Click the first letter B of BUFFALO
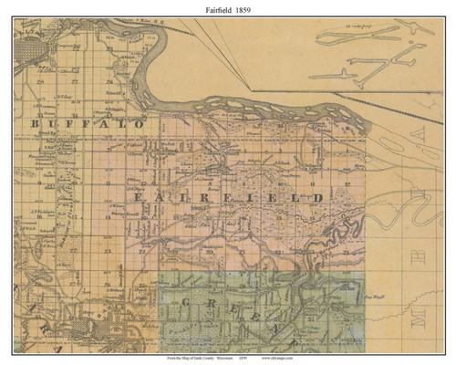(x=35, y=121)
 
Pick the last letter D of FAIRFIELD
(x=319, y=197)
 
